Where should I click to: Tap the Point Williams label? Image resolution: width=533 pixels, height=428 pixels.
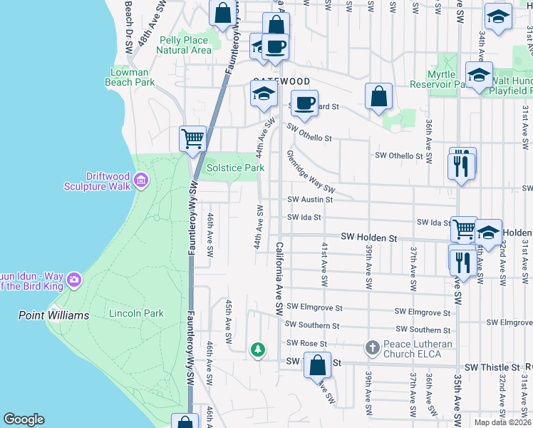point(54,315)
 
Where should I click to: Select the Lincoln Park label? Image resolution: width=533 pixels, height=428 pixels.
point(136,313)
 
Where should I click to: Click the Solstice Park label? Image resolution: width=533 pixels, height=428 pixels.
point(235,168)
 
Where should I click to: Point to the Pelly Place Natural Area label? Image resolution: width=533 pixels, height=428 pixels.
point(183,45)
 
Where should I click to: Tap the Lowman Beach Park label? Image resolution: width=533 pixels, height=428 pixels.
point(133,77)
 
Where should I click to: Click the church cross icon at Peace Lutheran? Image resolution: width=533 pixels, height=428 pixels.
point(371,347)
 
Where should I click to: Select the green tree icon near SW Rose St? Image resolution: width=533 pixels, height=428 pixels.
point(257,350)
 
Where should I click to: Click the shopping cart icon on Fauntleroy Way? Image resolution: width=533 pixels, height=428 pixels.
point(192,138)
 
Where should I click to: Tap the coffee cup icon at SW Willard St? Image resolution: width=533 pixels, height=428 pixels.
point(305,103)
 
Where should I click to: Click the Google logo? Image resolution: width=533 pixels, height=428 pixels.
point(24,419)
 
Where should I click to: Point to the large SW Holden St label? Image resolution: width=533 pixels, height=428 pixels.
point(368,236)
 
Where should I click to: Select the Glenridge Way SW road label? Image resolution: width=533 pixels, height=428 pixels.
point(311,171)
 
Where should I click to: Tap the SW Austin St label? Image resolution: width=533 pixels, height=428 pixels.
point(305,200)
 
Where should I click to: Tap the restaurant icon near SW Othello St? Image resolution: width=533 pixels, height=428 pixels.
point(462,165)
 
